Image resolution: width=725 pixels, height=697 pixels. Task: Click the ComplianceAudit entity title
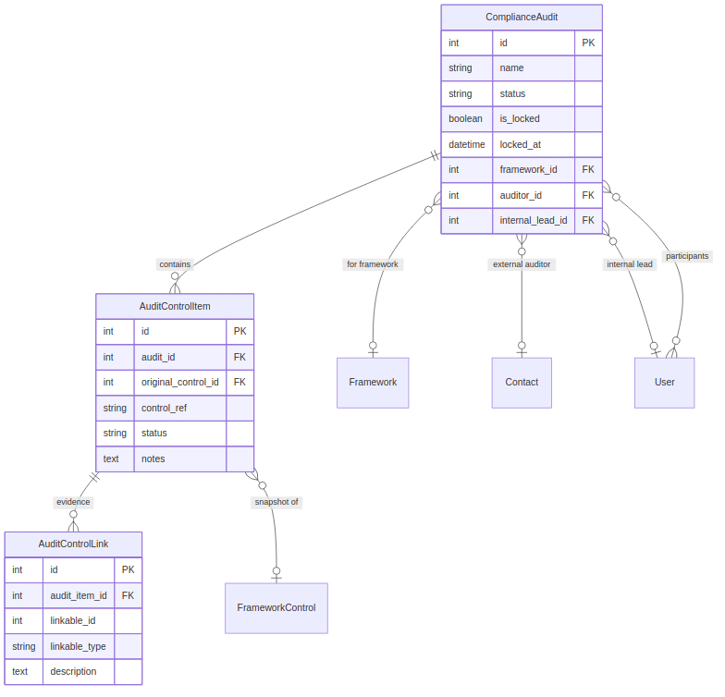pos(521,18)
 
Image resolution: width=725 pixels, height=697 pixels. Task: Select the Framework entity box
pos(373,383)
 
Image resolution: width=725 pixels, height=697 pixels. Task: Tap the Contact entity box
pos(522,383)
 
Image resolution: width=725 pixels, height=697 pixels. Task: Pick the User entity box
pos(664,383)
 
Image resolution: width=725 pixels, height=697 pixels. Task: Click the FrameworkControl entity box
pos(276,608)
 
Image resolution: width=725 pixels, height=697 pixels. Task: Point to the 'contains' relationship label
pos(175,264)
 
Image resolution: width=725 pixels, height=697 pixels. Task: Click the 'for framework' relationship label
pos(372,264)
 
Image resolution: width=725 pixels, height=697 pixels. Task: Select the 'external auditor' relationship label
pos(522,264)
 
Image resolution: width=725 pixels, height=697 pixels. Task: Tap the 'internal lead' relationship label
pos(630,264)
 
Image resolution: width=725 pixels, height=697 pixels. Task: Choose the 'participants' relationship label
pos(687,256)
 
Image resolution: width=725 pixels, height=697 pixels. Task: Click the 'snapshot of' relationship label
pos(276,503)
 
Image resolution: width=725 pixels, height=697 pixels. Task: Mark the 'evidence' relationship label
pos(73,502)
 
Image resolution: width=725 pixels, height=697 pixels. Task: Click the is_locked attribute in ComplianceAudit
pos(520,119)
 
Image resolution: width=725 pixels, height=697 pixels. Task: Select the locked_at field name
pos(519,144)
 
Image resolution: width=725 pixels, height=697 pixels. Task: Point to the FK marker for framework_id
pos(588,170)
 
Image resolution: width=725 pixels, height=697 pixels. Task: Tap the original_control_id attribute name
pos(179,382)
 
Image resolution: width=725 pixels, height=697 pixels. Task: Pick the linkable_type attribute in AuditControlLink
pos(78,646)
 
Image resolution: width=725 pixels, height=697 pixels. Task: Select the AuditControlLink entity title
pos(73,544)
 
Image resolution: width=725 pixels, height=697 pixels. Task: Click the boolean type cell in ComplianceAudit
pos(466,119)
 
